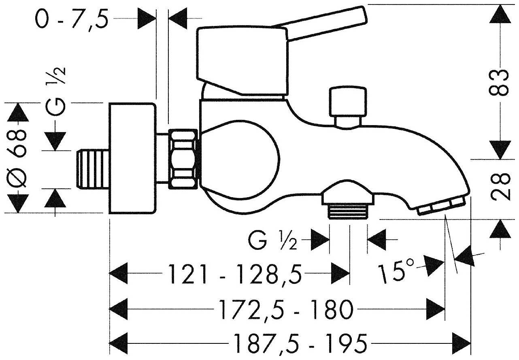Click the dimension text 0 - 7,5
(72, 18)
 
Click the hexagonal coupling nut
(184, 159)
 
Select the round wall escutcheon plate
(132, 159)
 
